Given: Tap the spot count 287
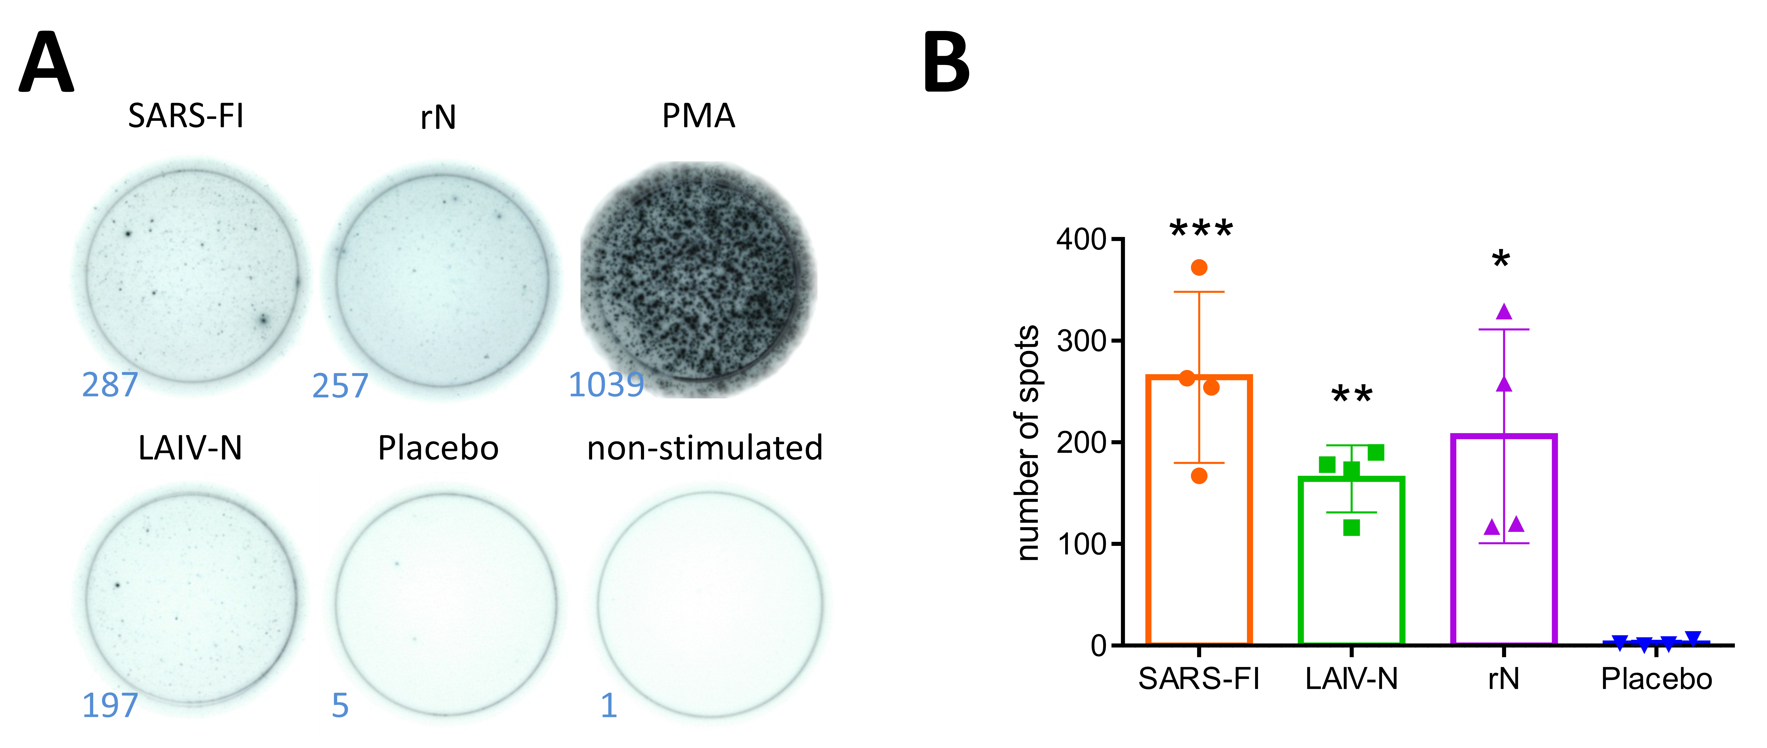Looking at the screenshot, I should [110, 385].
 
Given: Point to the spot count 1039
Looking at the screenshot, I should [606, 385].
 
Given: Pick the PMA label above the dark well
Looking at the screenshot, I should [698, 116].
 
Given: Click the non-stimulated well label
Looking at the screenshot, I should [705, 448].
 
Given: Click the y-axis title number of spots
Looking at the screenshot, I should [1027, 443].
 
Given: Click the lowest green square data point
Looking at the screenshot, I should [1351, 528].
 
